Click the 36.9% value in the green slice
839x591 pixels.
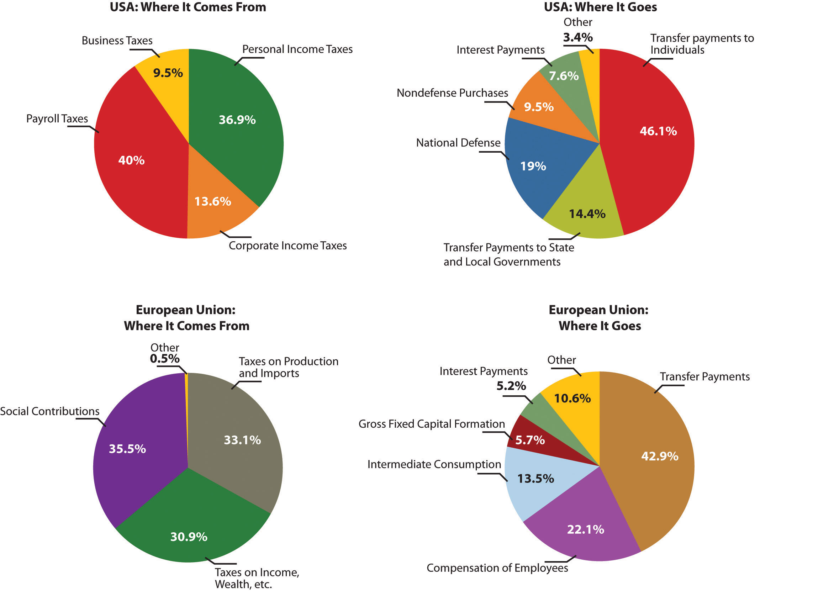coord(237,120)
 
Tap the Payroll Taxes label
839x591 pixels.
coord(57,119)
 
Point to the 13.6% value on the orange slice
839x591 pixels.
coord(213,201)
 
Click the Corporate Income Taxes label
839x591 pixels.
coord(287,246)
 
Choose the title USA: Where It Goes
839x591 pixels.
coord(600,7)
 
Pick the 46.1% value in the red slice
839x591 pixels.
coord(658,131)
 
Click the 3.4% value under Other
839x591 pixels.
coord(578,37)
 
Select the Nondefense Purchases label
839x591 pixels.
coord(452,93)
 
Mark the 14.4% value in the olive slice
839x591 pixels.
coord(587,214)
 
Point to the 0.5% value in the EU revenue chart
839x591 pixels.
coord(165,359)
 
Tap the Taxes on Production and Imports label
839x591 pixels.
coord(288,367)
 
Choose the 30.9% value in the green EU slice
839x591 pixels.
coord(189,537)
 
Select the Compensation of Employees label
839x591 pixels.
coord(497,568)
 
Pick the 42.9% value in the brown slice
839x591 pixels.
coord(660,456)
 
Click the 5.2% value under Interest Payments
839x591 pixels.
coord(511,386)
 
